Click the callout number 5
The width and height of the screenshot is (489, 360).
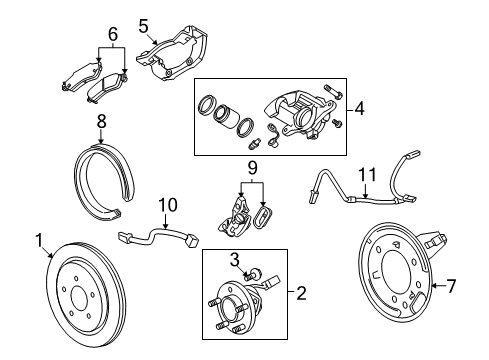143,25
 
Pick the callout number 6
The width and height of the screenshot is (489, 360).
112,33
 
